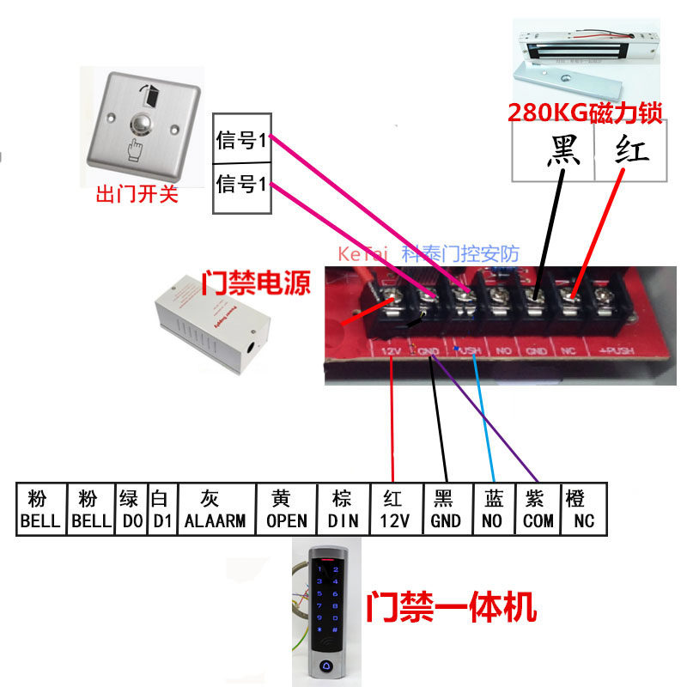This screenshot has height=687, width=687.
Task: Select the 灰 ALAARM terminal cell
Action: point(215,510)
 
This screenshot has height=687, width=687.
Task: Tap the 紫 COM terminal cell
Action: point(539,510)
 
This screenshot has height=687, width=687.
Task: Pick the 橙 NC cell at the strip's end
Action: point(584,510)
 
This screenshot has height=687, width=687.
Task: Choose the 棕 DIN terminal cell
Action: point(342,510)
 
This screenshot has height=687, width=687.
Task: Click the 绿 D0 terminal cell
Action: point(131,510)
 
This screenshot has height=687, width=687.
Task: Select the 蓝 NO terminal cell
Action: point(494,510)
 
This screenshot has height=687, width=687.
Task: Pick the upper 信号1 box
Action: point(242,141)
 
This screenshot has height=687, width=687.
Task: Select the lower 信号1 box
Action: point(242,185)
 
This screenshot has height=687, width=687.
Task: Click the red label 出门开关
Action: point(137,195)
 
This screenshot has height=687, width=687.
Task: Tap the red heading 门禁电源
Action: point(256,283)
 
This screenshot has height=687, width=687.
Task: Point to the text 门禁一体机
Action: point(451,607)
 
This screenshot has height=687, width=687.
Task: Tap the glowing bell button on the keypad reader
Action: point(330,665)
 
